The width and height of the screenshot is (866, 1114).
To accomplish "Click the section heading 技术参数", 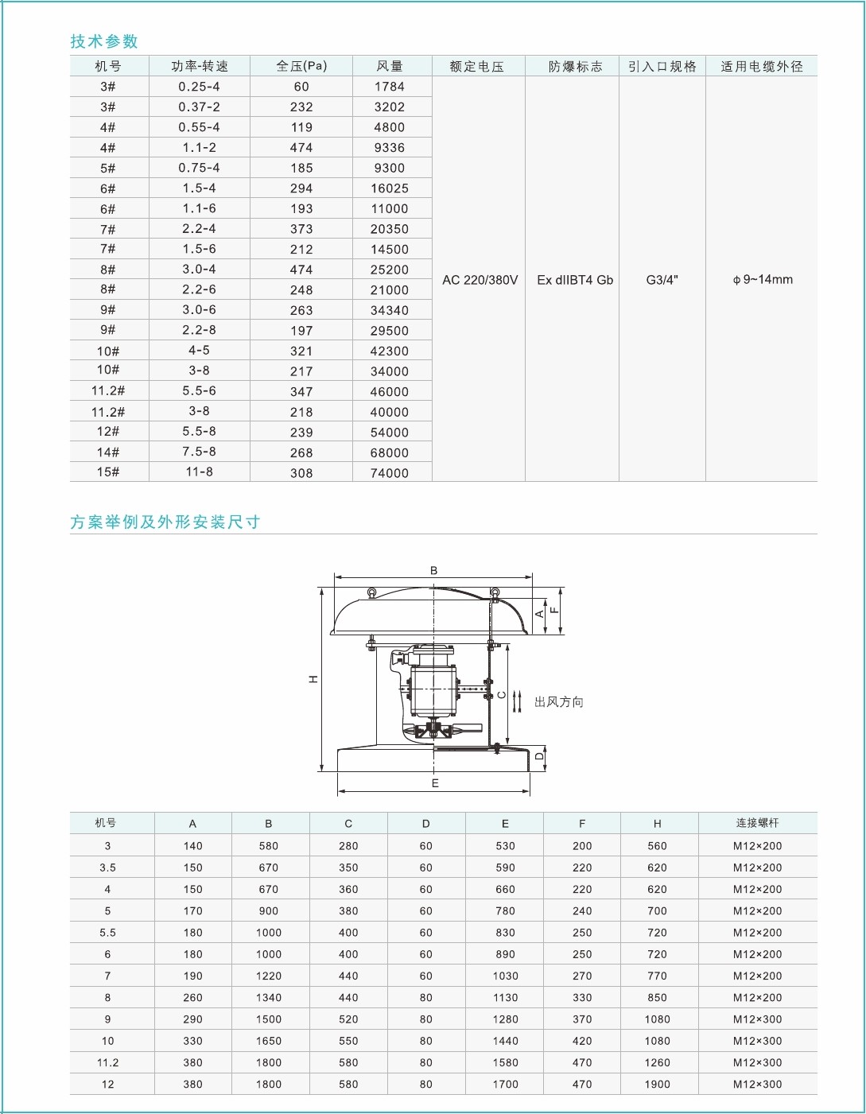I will tap(104, 41).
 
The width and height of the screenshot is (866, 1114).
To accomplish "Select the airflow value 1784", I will tap(390, 87).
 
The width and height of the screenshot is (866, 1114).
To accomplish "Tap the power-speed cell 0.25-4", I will tap(199, 87).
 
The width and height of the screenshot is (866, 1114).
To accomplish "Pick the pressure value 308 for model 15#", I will tap(301, 473).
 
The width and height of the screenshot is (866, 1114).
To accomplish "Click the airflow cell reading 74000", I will tap(390, 473).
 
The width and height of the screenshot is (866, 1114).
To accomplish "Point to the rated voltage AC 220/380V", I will tap(480, 280).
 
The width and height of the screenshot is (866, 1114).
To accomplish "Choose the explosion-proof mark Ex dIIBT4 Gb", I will tap(575, 280).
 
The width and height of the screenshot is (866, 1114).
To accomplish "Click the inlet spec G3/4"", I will tap(662, 280).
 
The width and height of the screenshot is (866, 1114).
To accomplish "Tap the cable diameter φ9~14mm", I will tap(763, 280).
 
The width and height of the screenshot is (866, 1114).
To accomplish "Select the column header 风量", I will tap(390, 66).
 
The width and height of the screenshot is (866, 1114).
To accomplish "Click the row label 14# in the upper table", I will tap(108, 452).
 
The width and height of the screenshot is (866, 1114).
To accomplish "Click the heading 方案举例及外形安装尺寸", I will tap(165, 522).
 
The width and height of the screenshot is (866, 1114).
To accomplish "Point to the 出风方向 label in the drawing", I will tap(559, 702).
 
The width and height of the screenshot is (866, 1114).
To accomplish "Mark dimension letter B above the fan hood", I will tap(434, 571).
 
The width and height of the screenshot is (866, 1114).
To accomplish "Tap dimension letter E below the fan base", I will tap(435, 783).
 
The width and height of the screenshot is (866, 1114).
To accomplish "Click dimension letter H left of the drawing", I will tap(313, 679).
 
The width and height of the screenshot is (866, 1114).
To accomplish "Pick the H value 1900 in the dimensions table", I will tap(658, 1085).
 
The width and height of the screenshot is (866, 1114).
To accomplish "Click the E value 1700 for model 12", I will tap(505, 1085).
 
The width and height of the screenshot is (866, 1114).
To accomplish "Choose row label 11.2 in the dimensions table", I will tap(108, 1063).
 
